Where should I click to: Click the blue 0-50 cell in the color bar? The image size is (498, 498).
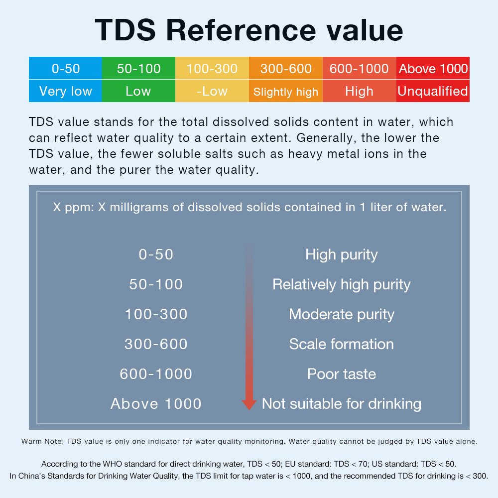65,69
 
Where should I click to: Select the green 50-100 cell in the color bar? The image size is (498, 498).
138,69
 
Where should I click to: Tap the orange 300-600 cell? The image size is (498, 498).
286,69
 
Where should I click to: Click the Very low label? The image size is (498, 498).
65,91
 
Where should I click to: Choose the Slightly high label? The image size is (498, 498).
286,92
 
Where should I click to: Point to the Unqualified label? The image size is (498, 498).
433,91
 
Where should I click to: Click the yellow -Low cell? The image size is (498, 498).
212,91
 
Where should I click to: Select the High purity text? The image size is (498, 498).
342,254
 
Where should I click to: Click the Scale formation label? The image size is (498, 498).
342,344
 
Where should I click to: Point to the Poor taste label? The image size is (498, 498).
342,374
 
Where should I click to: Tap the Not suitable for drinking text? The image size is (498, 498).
342,404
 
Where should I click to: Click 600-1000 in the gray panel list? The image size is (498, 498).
156,374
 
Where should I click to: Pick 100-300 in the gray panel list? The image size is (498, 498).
156,314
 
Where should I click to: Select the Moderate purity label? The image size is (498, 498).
342,314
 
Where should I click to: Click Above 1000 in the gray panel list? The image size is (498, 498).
156,404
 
